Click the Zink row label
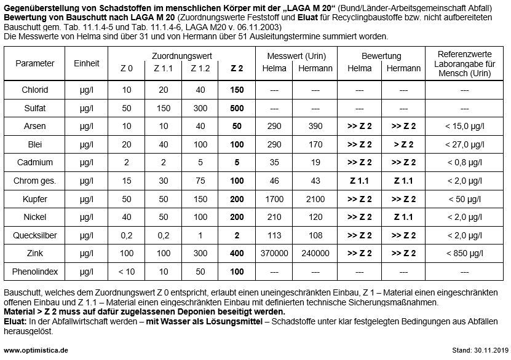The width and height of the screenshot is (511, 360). (x=35, y=253)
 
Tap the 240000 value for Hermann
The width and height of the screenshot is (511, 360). (x=315, y=253)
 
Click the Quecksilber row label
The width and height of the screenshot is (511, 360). (x=35, y=235)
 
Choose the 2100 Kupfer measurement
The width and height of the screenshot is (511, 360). (x=315, y=199)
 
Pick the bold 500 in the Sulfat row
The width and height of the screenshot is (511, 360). (x=237, y=108)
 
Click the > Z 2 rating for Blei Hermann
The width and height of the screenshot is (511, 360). (x=403, y=144)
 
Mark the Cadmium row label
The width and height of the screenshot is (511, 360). (x=35, y=163)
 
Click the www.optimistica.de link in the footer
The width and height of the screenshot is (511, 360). (x=36, y=350)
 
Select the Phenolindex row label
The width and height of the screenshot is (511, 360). (x=35, y=272)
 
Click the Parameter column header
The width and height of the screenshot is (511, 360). (x=35, y=63)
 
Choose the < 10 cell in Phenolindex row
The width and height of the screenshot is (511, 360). (x=127, y=272)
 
